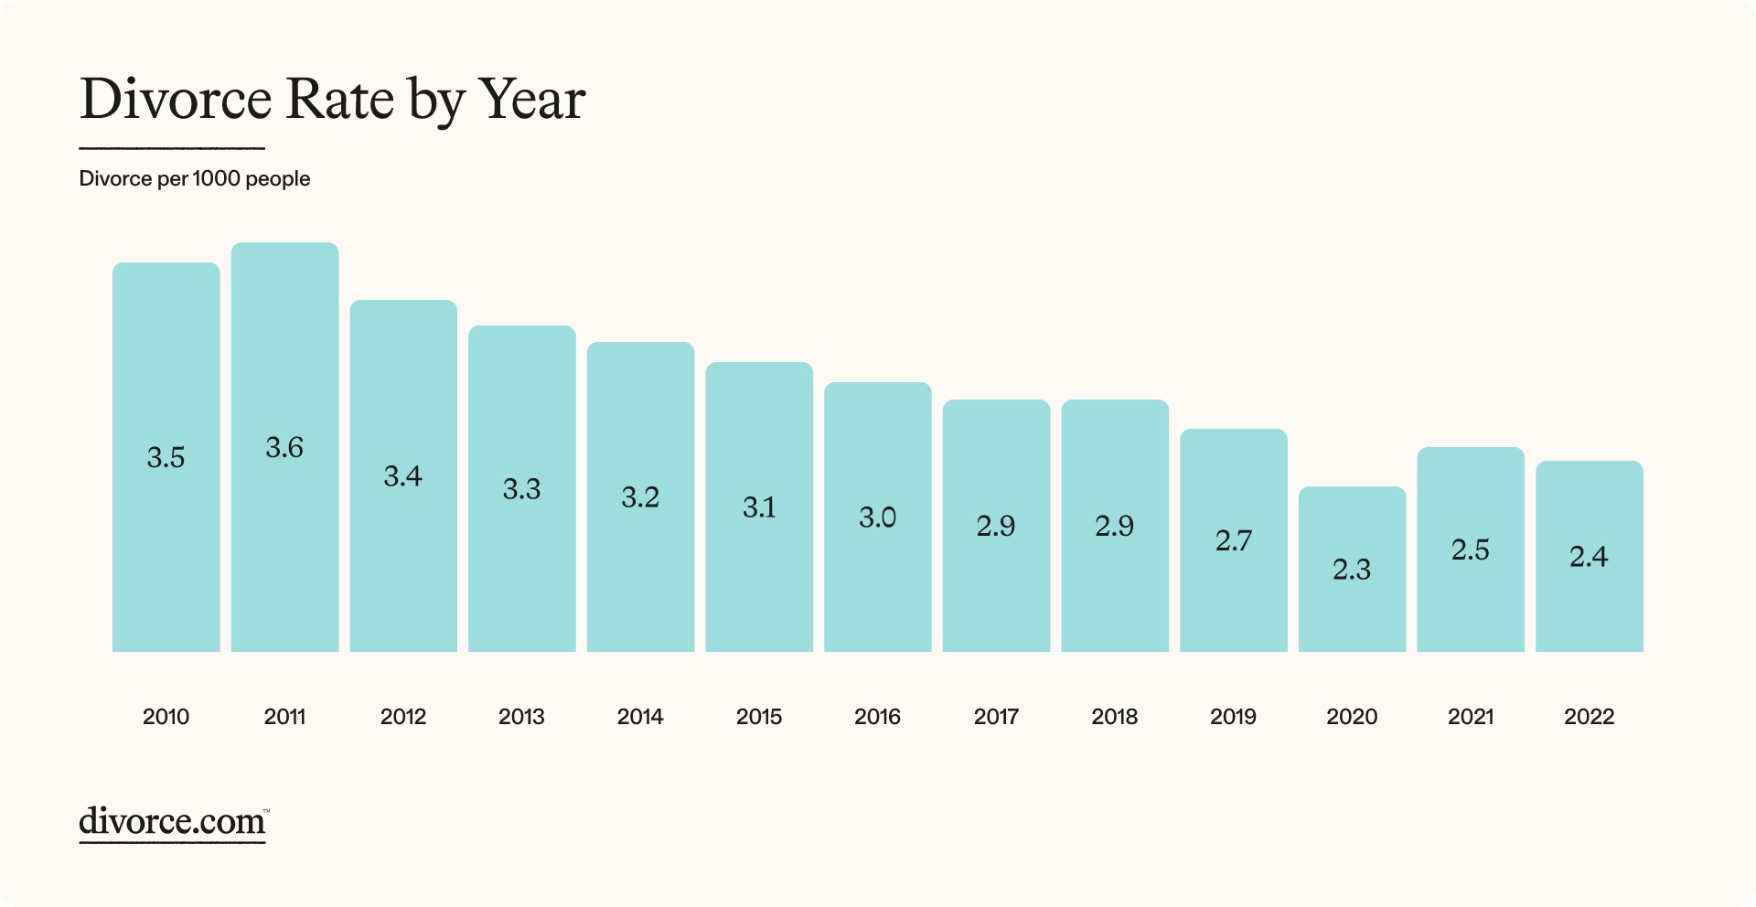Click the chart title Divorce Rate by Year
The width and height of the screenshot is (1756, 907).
[332, 100]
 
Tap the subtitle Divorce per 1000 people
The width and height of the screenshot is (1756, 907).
[194, 178]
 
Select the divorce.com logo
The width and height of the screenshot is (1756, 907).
[173, 822]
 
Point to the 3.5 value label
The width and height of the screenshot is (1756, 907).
[166, 457]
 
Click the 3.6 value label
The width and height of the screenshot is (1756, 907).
[284, 447]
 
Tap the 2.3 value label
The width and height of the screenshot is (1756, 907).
[1351, 570]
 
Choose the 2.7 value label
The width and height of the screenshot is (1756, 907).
[1233, 540]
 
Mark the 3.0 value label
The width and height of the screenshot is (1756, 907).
[877, 518]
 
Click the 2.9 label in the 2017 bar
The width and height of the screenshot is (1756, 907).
[995, 526]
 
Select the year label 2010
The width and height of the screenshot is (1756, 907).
[166, 717]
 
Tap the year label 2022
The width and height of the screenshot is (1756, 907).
[1589, 717]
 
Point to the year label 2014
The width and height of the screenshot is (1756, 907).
[640, 717]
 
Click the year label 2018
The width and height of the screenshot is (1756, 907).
[1114, 717]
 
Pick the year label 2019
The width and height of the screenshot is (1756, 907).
[1233, 717]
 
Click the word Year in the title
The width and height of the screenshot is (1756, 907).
[531, 100]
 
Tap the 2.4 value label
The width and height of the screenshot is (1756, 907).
[1589, 556]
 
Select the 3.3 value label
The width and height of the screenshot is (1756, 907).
[521, 489]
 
